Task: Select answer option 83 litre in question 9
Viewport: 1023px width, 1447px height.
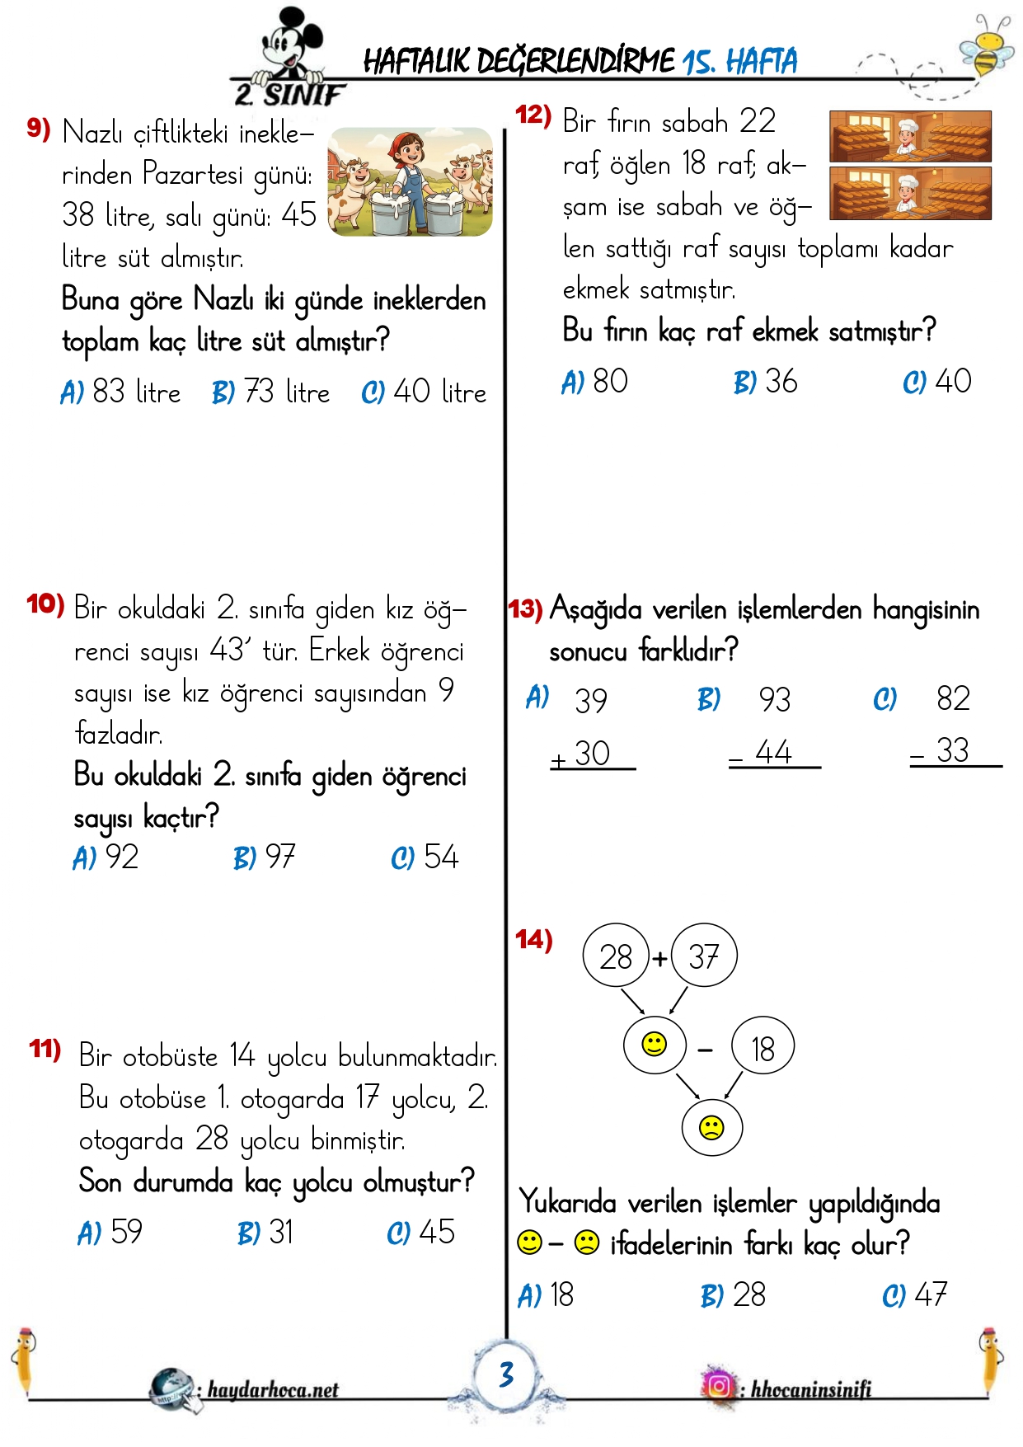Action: pos(121,392)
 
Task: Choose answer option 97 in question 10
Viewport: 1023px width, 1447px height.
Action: pos(265,857)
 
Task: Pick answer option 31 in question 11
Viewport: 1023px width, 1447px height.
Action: pos(265,1233)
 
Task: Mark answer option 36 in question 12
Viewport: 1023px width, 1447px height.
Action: pos(766,382)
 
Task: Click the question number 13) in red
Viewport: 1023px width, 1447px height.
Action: pos(525,609)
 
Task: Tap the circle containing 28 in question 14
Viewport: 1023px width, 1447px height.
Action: pos(616,956)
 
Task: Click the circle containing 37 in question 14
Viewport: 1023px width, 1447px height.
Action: pos(704,956)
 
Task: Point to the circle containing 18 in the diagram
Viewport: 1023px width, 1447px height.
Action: pos(763,1049)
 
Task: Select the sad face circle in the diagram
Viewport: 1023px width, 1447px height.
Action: pos(712,1127)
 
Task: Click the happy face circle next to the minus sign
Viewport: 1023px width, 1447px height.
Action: pos(655,1045)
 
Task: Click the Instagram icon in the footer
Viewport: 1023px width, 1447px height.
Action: pos(718,1386)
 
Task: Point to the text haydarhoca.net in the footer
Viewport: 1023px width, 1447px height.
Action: pos(273,1390)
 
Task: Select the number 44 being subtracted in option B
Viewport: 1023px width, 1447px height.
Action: pos(773,752)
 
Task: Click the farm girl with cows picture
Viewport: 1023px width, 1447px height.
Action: pos(410,181)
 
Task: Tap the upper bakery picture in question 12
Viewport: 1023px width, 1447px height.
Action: pos(910,136)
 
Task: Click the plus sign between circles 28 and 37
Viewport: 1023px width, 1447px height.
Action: pos(659,959)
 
